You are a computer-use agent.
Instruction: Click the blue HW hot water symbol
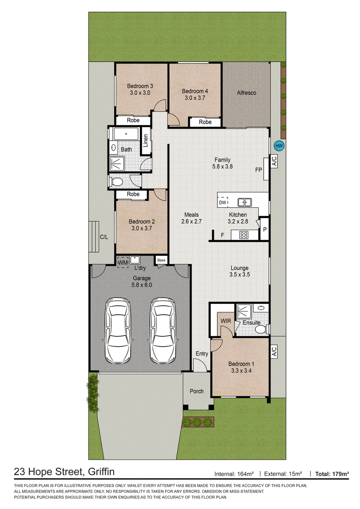279,146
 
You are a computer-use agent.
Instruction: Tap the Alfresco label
246,93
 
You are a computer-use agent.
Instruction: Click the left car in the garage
118,331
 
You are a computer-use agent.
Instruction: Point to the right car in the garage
163,331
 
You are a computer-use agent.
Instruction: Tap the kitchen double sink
245,202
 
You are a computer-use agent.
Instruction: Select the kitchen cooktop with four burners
244,235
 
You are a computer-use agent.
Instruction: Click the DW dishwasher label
223,202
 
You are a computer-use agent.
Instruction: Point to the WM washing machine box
123,262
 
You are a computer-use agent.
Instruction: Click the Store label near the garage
161,260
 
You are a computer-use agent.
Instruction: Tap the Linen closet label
145,141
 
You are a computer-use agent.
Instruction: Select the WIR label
226,321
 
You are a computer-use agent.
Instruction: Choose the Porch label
197,392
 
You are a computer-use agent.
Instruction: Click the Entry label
202,354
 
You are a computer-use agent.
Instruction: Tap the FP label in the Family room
259,170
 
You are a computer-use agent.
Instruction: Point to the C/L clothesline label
104,237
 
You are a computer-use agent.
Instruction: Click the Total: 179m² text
332,474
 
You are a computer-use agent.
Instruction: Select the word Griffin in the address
101,472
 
